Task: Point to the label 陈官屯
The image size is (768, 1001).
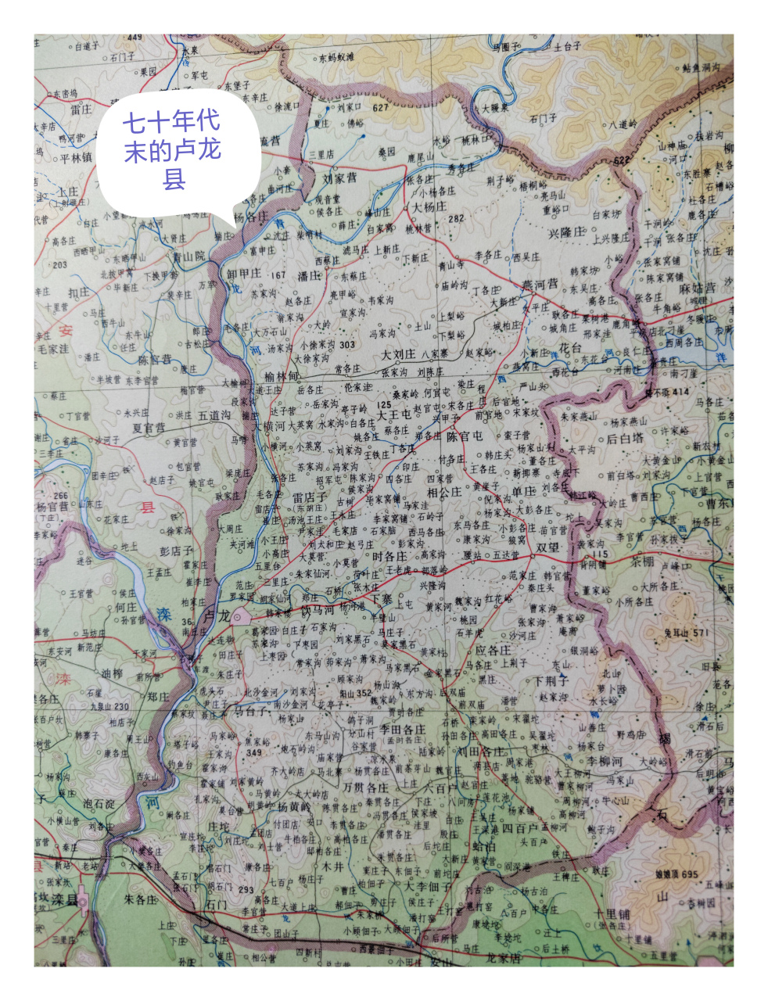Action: tap(465, 436)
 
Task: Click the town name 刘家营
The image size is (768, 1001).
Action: tap(339, 178)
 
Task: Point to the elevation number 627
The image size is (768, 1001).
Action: tap(380, 107)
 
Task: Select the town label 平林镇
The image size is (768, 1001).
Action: tap(75, 157)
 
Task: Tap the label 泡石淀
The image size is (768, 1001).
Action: tap(99, 805)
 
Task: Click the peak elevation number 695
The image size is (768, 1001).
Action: tap(687, 874)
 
